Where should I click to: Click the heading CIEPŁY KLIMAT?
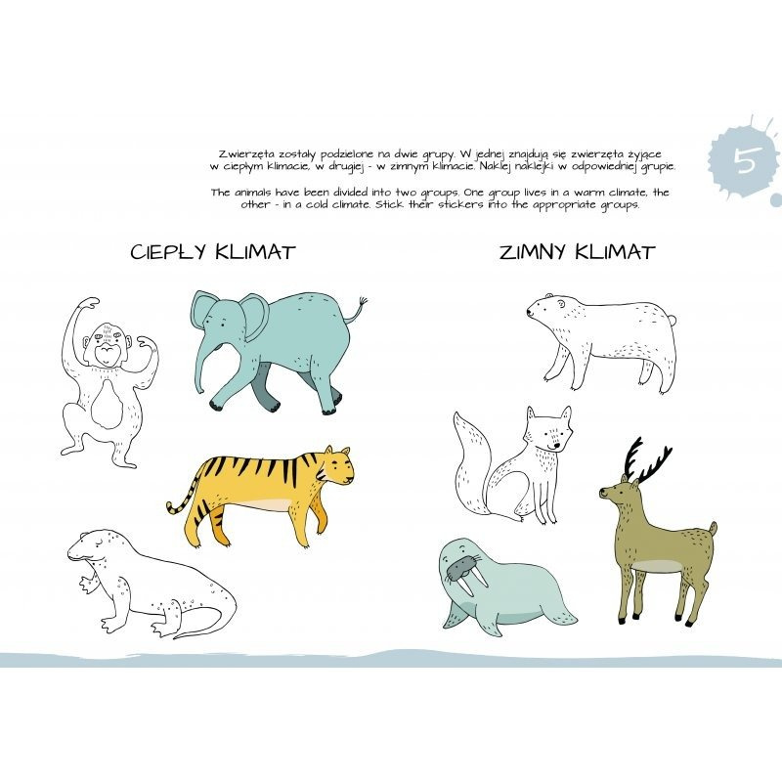(x=213, y=252)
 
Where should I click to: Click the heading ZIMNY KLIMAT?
(x=577, y=252)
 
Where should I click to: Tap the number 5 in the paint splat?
(x=747, y=160)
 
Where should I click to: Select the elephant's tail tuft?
(x=363, y=303)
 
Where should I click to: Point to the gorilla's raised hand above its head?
(x=89, y=304)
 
